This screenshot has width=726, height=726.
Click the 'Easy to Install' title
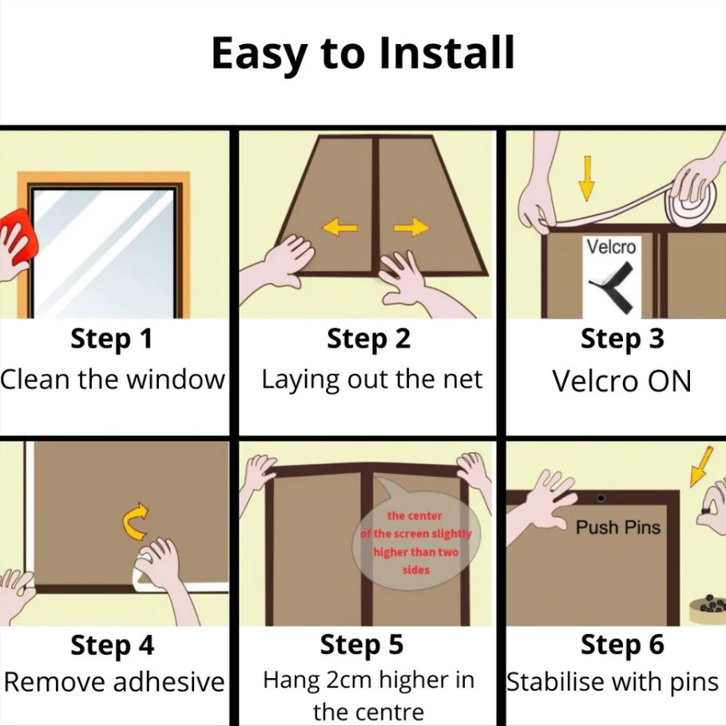tap(363, 54)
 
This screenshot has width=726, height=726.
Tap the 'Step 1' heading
tap(112, 339)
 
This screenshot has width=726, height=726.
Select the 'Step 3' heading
tap(622, 339)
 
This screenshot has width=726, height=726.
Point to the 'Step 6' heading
tap(622, 645)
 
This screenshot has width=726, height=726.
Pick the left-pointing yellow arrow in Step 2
tap(339, 227)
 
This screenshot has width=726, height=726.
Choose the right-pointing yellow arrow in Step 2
tap(411, 227)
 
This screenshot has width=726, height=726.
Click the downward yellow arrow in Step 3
tap(587, 178)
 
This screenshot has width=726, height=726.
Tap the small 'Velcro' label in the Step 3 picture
tap(611, 247)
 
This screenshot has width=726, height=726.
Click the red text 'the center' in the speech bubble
tap(415, 516)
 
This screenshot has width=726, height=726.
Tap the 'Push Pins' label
tap(617, 527)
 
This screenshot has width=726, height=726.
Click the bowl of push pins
tap(708, 608)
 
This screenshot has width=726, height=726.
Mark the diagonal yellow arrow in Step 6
tap(701, 466)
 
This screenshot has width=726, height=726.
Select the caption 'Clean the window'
tap(112, 379)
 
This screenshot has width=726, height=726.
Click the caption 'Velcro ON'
tap(622, 381)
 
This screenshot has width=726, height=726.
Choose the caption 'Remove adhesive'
tap(114, 682)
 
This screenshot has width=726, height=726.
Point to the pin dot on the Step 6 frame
tap(601, 498)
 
